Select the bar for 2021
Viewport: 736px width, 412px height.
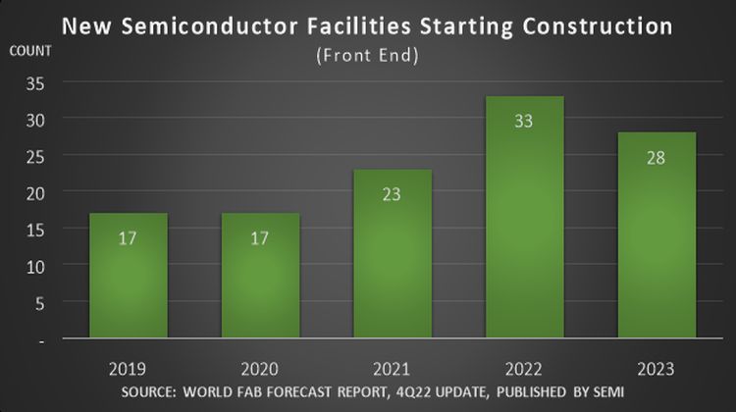[x=391, y=254]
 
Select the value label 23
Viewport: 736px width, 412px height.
[x=391, y=194]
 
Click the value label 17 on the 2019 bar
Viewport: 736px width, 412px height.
[x=129, y=238]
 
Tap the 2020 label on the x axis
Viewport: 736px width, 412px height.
[x=259, y=369]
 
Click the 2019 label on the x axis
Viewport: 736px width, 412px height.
[x=129, y=369]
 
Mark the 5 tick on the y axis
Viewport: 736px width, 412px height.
[x=39, y=302]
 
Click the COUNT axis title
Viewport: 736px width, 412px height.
[x=28, y=50]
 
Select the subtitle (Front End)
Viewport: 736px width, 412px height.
[x=368, y=56]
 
